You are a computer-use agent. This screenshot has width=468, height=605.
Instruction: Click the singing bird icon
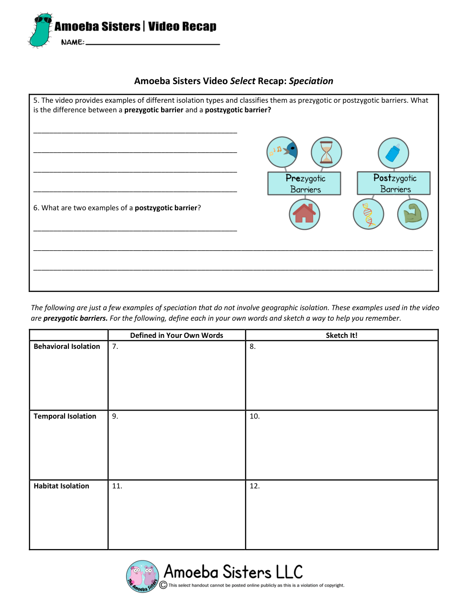[282, 152]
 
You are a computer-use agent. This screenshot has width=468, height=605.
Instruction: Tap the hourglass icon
[327, 152]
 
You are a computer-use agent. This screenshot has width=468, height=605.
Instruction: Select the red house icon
[305, 214]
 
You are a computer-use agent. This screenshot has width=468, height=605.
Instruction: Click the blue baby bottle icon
[393, 153]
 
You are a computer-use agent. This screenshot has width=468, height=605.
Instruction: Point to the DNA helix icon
[369, 214]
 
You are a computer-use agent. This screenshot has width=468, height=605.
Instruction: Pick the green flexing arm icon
[413, 214]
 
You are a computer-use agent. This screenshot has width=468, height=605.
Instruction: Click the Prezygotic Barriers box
[305, 184]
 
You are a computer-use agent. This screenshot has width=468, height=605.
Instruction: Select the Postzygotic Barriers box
[394, 184]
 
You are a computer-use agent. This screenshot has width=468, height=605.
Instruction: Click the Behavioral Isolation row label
[67, 346]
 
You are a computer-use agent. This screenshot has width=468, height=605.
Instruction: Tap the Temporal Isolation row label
[65, 416]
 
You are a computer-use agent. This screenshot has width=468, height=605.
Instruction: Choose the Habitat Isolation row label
[61, 486]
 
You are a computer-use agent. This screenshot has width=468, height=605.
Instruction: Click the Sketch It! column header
[341, 335]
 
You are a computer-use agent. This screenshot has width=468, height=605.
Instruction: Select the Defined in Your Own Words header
[176, 335]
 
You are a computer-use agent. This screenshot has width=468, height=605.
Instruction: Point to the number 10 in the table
[255, 416]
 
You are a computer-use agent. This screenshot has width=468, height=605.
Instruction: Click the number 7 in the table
[115, 346]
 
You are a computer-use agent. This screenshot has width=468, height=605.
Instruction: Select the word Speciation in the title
[311, 81]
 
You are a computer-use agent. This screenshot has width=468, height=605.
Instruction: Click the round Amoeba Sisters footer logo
[142, 576]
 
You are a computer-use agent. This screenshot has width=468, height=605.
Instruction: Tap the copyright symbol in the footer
[163, 585]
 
